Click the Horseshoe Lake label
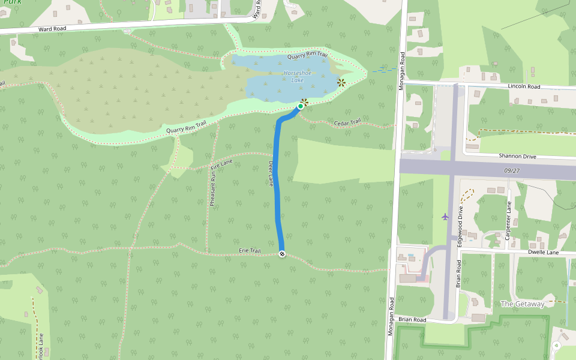293,76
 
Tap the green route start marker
301,106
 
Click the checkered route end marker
281,254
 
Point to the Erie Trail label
250,251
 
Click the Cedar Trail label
347,122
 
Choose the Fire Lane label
221,163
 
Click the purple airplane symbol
445,216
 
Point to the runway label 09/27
512,171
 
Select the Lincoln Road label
524,86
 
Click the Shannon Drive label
517,156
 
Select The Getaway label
522,304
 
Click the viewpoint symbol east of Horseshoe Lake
341,82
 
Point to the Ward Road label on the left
52,28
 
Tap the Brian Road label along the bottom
412,320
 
